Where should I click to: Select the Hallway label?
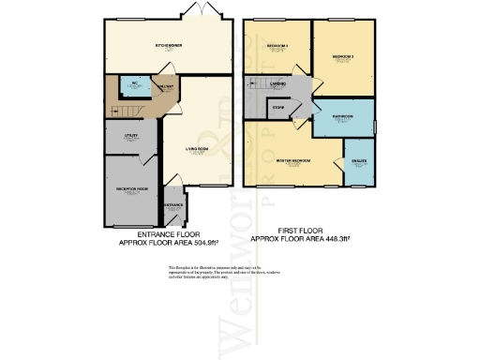coord(166,87)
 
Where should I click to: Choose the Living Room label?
coord(195,150)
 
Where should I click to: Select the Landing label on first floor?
coord(278,85)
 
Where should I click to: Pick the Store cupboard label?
coord(278,109)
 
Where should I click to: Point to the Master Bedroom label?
coord(293,161)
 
